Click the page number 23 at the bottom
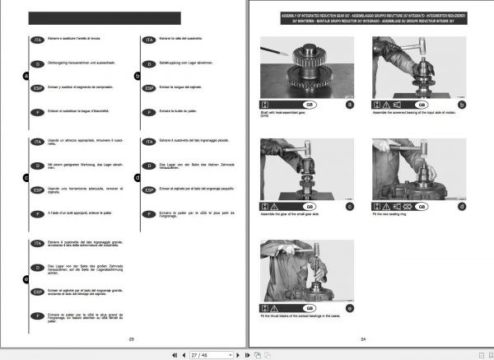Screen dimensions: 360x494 pyautogui.click(x=132, y=339)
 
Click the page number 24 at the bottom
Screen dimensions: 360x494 pyautogui.click(x=362, y=339)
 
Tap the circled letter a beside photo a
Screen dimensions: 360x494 pyautogui.click(x=350, y=105)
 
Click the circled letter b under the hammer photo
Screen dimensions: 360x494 pyautogui.click(x=464, y=105)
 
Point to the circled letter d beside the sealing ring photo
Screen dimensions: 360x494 pyautogui.click(x=464, y=205)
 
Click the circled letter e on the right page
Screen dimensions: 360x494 pyautogui.click(x=350, y=307)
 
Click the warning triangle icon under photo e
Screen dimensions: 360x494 pyautogui.click(x=277, y=307)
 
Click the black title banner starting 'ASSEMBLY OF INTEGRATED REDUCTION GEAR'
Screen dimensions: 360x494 pyautogui.click(x=362, y=21)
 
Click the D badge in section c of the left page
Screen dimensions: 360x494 pyautogui.click(x=36, y=165)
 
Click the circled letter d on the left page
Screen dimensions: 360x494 pyautogui.click(x=138, y=175)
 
